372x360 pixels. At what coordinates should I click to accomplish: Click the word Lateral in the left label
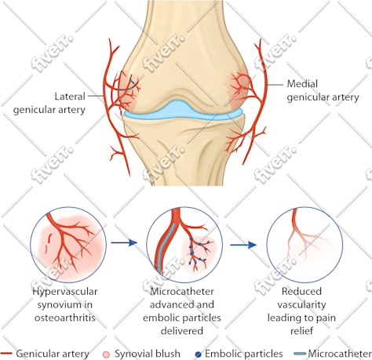[70, 96]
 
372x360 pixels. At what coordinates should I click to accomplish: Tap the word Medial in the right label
[302, 84]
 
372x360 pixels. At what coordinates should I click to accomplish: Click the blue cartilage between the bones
[183, 111]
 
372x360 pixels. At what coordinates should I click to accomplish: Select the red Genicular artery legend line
[6, 354]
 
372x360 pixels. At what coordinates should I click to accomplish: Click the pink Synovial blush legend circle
[106, 355]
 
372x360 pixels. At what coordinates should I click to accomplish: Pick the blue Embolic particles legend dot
[199, 355]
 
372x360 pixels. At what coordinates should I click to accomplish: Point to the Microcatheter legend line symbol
[300, 354]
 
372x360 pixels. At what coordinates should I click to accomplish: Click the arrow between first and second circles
[124, 243]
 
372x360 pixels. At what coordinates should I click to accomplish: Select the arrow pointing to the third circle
[243, 245]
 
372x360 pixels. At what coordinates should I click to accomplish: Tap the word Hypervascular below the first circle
[65, 292]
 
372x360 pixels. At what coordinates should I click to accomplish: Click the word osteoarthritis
[65, 318]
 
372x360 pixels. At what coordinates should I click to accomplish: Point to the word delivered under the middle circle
[182, 331]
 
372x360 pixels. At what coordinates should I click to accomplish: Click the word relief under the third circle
[301, 331]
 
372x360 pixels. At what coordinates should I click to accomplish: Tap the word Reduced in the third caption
[301, 291]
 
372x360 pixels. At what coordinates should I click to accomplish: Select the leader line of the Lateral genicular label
[96, 96]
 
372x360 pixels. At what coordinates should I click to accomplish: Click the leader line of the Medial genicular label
[275, 85]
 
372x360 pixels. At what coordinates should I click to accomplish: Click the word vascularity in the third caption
[301, 305]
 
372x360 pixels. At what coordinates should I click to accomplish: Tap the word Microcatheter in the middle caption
[182, 291]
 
